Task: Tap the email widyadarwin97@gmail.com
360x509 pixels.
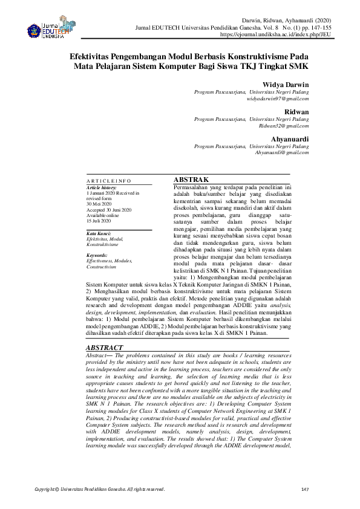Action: (278, 98)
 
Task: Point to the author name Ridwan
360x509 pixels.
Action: (297, 112)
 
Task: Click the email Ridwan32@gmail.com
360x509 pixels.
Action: (284, 126)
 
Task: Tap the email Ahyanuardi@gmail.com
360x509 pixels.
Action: (282, 154)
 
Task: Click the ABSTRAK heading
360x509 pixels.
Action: (191, 180)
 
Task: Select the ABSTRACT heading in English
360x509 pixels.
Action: (105, 348)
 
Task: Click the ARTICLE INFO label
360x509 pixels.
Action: (108, 181)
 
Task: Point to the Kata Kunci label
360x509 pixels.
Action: (98, 233)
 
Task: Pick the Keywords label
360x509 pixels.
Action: (97, 255)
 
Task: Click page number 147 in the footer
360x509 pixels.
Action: (304, 489)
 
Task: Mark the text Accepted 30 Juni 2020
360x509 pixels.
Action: (110, 210)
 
